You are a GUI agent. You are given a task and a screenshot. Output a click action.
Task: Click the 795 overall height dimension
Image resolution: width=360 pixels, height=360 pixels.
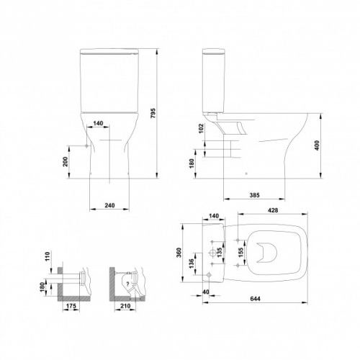point(153,113)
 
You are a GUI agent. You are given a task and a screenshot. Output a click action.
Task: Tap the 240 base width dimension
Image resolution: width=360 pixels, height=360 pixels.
point(109,205)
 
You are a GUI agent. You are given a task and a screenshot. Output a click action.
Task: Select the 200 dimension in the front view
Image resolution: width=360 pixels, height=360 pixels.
point(66,161)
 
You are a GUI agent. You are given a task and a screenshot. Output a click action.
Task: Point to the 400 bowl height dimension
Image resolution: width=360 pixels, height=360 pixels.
point(317,145)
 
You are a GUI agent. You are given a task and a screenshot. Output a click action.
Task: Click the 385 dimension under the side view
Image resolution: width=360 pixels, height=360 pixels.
point(254,195)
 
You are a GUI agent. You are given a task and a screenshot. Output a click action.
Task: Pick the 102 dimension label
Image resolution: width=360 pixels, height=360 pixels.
point(201,128)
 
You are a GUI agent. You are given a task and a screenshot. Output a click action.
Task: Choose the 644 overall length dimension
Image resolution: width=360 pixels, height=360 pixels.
point(255,299)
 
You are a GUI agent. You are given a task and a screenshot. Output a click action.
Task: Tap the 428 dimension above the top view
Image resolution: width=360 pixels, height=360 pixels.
point(273,210)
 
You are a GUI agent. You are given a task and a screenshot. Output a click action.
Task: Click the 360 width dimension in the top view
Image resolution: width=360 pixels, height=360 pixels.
point(179,253)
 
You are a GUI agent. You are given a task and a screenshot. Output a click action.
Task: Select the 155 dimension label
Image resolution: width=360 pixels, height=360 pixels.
point(240,253)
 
